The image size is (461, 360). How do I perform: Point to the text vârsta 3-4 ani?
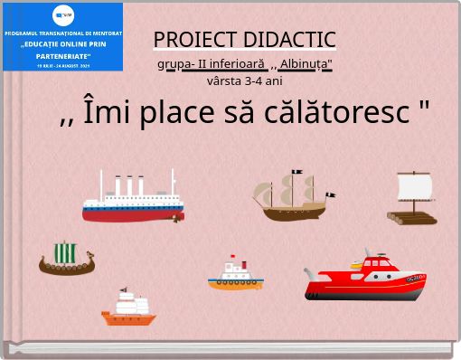[x=245, y=81]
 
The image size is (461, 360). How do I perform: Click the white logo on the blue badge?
[x=63, y=14]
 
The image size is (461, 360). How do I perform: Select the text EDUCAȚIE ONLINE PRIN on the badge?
[x=63, y=43]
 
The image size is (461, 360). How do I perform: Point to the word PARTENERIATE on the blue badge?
[x=63, y=55]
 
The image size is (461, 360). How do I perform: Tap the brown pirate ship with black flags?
[x=293, y=196]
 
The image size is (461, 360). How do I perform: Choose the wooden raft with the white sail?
[x=413, y=199]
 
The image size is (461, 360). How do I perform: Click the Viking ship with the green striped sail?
[x=66, y=259]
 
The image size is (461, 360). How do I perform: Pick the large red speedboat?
[x=365, y=276]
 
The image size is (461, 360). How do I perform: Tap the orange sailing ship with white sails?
[x=128, y=308]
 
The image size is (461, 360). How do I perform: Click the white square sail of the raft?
[x=415, y=187]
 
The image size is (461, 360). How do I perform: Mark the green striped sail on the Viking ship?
[x=66, y=251]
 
